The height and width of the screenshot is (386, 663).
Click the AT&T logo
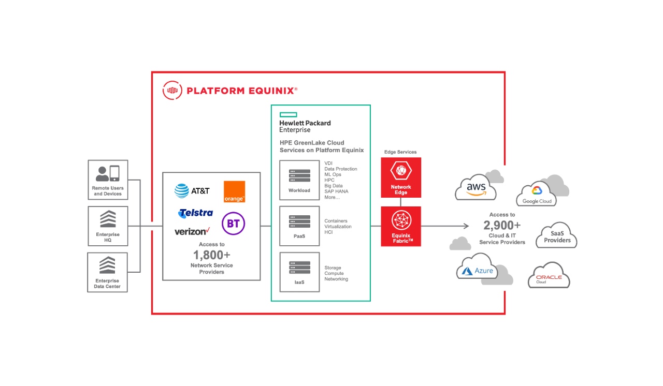point(192,191)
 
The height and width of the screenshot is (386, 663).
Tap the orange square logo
point(234,191)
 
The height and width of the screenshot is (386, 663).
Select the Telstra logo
point(195,213)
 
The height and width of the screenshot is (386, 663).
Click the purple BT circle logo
point(233,224)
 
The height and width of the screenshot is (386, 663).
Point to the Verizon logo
point(192,231)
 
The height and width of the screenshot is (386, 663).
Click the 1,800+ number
point(211,255)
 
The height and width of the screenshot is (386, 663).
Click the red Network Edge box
point(401,177)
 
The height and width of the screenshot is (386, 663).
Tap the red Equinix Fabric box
point(401,226)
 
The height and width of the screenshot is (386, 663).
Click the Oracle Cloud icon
point(549,278)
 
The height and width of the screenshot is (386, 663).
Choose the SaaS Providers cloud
point(557,237)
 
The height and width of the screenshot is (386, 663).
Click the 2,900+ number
point(502,226)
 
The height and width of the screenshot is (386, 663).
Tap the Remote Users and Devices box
point(108,180)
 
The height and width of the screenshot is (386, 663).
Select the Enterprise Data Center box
point(107,272)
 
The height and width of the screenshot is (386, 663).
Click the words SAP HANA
point(336,191)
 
